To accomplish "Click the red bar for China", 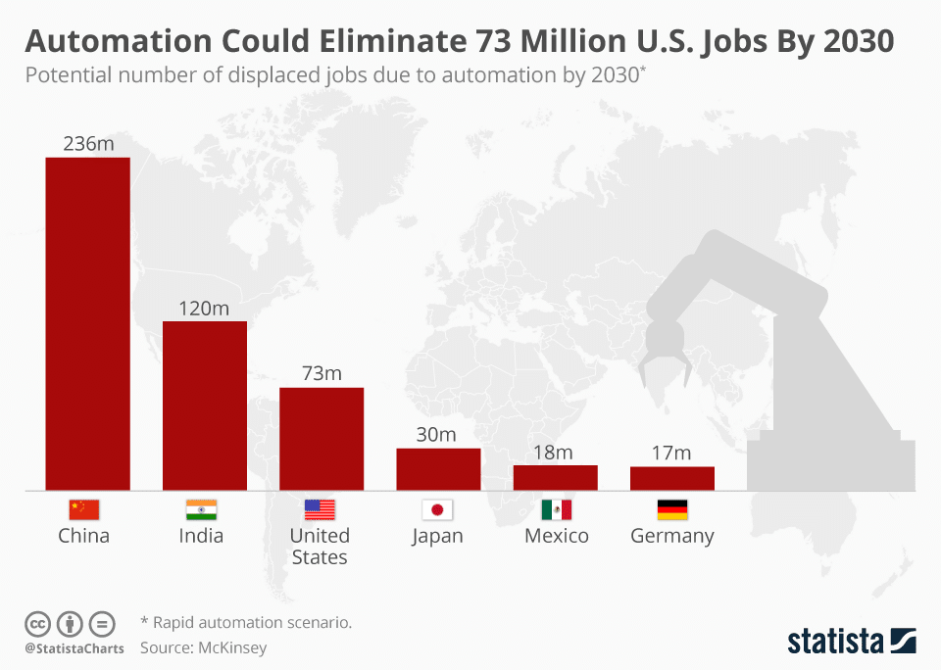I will [87, 323].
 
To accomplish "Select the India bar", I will [204, 406].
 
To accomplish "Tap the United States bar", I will [322, 439].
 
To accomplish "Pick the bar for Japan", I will [438, 469].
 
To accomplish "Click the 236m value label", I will [88, 144].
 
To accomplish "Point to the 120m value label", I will [204, 309].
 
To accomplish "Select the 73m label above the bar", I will [322, 374].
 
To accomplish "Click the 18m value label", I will [554, 452].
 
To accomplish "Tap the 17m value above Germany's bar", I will [671, 453].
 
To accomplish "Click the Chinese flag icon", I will [84, 509].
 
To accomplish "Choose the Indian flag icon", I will [201, 509].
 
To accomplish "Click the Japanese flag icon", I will [437, 509].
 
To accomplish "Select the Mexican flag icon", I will [556, 509].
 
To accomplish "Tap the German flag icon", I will [672, 509].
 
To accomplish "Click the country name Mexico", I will [556, 536].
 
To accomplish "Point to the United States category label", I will [320, 546].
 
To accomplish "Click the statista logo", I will [851, 642].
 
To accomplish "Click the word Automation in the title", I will [118, 41].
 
